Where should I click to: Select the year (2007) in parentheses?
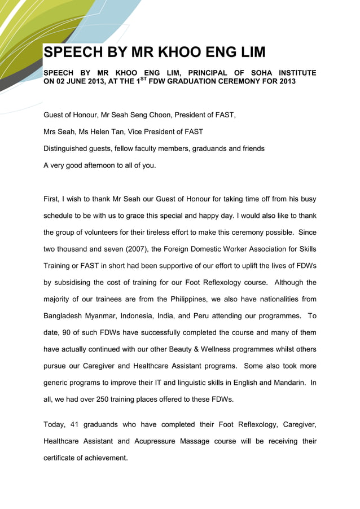point(129,249)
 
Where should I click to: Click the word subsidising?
point(79,282)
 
